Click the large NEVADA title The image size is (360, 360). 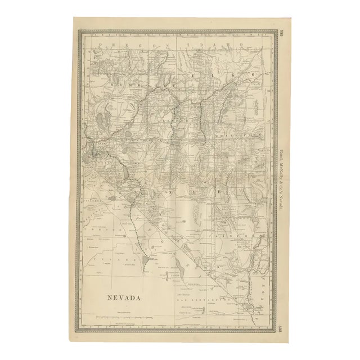pyautogui.click(x=121, y=298)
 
